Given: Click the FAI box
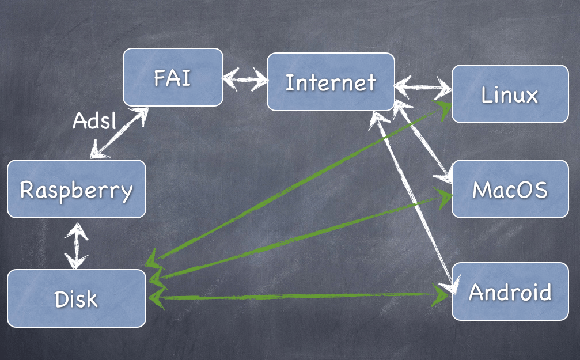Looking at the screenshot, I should tap(173, 77).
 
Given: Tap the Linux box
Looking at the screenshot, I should tap(510, 94).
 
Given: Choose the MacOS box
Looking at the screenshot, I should tap(510, 189).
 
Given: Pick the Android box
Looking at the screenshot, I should tap(510, 291).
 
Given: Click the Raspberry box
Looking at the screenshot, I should tap(76, 189).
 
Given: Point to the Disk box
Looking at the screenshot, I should tap(76, 298).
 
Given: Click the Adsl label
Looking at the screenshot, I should tap(94, 120).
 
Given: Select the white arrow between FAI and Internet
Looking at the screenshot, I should tap(245, 78).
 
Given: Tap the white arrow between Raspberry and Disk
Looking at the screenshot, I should tap(76, 247).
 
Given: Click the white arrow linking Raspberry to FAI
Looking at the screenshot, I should tap(118, 133).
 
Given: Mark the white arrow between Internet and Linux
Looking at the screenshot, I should tap(423, 89).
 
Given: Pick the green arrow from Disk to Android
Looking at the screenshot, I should tap(300, 296).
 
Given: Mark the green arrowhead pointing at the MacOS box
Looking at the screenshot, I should tap(445, 196).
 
